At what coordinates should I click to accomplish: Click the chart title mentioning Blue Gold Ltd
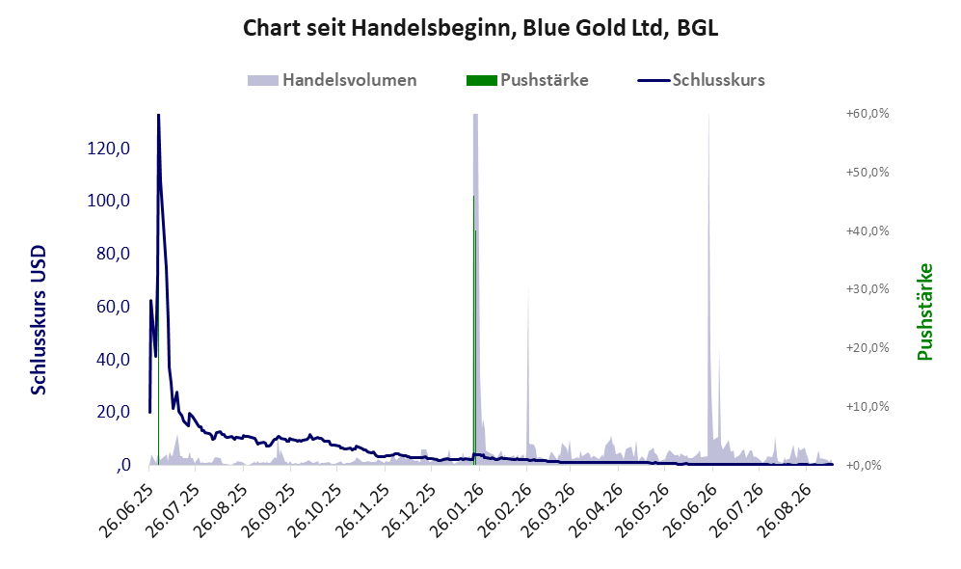pyautogui.click(x=480, y=28)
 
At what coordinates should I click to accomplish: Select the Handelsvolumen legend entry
pyautogui.click(x=333, y=80)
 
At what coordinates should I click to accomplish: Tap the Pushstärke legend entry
pyautogui.click(x=527, y=80)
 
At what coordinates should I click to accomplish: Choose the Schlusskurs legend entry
pyautogui.click(x=701, y=80)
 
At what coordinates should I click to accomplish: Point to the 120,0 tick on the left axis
pyautogui.click(x=109, y=149)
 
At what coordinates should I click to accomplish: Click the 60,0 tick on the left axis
pyautogui.click(x=113, y=307)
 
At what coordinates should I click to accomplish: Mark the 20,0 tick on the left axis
pyautogui.click(x=113, y=412)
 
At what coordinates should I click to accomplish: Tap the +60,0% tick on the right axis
pyautogui.click(x=868, y=114)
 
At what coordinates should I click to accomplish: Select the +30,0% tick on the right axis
pyautogui.click(x=868, y=288)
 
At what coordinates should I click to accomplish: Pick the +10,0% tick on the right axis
pyautogui.click(x=868, y=407)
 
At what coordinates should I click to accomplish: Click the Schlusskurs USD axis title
pyautogui.click(x=39, y=320)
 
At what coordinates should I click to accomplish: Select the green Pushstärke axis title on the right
pyautogui.click(x=925, y=312)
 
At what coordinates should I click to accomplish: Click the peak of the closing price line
pyautogui.click(x=159, y=116)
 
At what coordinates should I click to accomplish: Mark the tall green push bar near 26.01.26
pyautogui.click(x=474, y=331)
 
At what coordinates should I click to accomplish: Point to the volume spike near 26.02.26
pyautogui.click(x=528, y=375)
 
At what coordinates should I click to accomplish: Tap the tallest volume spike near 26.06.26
pyautogui.click(x=709, y=288)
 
